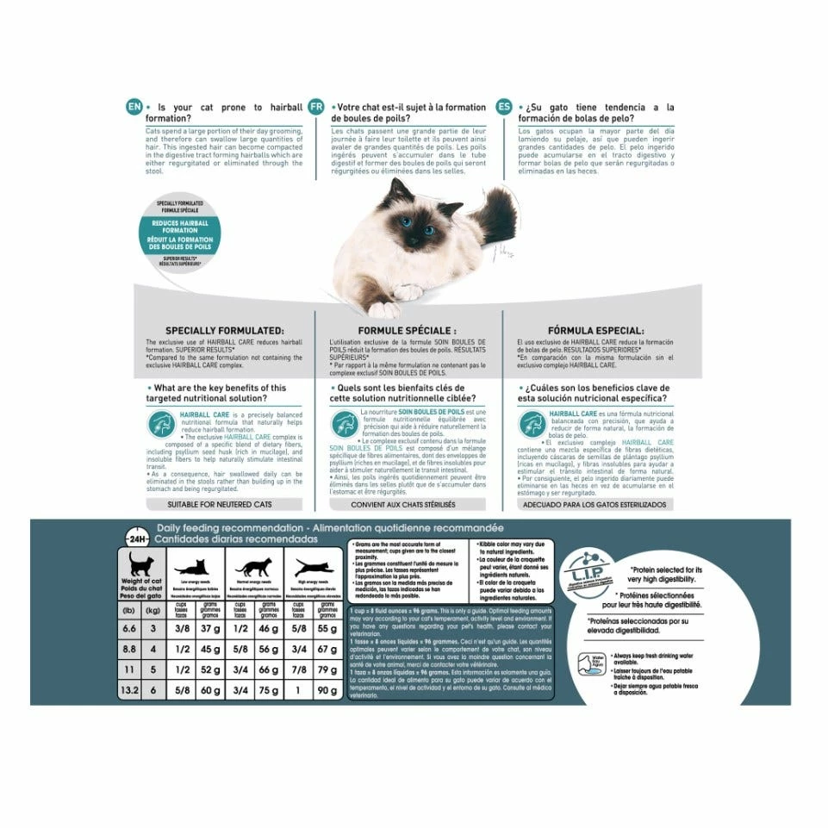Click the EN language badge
coord(133,107)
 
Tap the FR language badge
coord(317,107)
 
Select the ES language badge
coord(503,107)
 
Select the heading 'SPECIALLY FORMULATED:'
coord(224,330)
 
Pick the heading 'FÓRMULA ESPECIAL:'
coord(596,330)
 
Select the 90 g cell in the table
coord(327,690)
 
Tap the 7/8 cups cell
coord(297,669)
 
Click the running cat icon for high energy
coord(310,569)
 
